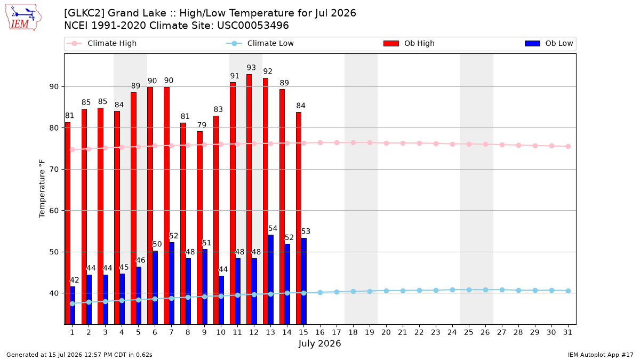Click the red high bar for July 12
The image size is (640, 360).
click(x=249, y=199)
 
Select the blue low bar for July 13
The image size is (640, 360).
click(x=270, y=279)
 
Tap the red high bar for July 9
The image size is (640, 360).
click(x=199, y=228)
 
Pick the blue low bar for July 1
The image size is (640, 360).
click(x=73, y=306)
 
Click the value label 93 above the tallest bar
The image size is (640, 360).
click(x=251, y=68)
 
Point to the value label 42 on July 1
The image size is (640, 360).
click(x=74, y=280)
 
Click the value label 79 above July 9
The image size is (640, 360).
click(x=202, y=125)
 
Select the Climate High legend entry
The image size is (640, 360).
click(x=102, y=43)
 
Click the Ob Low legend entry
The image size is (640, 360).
click(x=549, y=43)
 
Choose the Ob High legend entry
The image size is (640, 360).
click(x=409, y=43)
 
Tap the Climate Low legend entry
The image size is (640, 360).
click(x=260, y=43)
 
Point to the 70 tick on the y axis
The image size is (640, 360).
click(x=54, y=170)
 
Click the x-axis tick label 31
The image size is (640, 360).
click(x=567, y=332)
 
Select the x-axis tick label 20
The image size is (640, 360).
click(x=386, y=332)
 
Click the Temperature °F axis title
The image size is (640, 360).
click(x=42, y=189)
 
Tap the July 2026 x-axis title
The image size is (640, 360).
click(x=319, y=343)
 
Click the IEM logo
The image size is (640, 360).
click(x=23, y=18)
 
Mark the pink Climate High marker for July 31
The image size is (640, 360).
click(x=568, y=146)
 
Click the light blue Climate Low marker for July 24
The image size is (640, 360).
click(x=453, y=290)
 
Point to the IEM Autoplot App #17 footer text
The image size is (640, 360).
click(x=601, y=355)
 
